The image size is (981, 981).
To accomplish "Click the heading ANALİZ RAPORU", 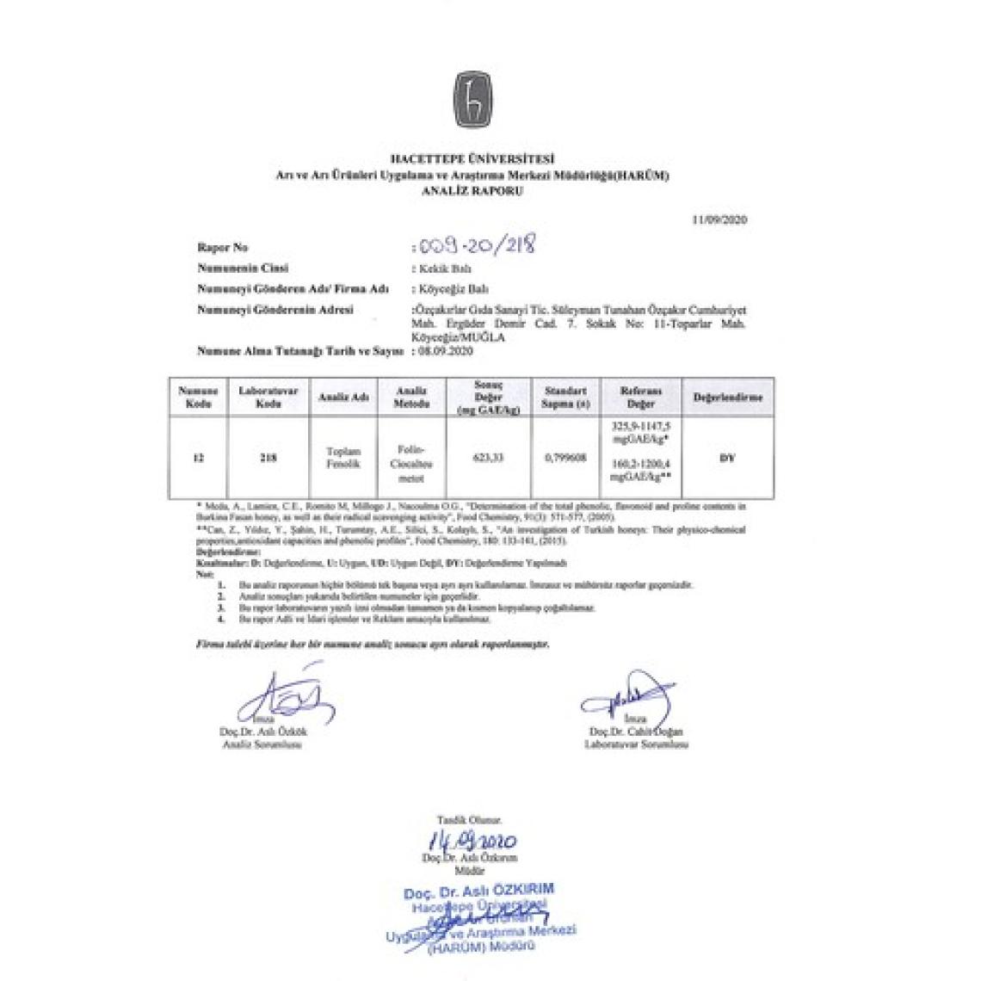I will [x=472, y=192].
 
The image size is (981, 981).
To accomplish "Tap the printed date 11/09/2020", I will [x=719, y=220].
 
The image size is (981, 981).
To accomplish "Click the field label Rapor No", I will [x=223, y=248].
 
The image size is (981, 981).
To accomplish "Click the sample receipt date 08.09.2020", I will [x=444, y=351].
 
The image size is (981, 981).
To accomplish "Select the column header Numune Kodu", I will [x=197, y=398].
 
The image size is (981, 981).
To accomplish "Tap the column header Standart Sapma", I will [x=565, y=398].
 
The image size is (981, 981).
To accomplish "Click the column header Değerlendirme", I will [x=727, y=398].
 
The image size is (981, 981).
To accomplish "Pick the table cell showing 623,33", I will [x=488, y=458].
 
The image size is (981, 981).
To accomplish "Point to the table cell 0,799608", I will [x=565, y=458].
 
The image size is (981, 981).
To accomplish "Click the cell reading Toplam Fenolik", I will [x=343, y=457].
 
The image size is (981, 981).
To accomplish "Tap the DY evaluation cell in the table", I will [x=726, y=458].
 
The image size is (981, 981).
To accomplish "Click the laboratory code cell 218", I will [x=268, y=458].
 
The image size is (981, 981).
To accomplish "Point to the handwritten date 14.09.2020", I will [x=472, y=840].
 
